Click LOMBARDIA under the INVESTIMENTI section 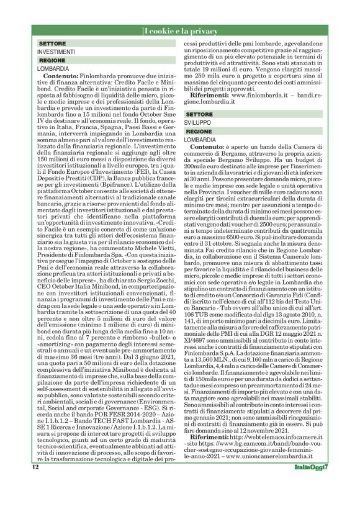[53, 70]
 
